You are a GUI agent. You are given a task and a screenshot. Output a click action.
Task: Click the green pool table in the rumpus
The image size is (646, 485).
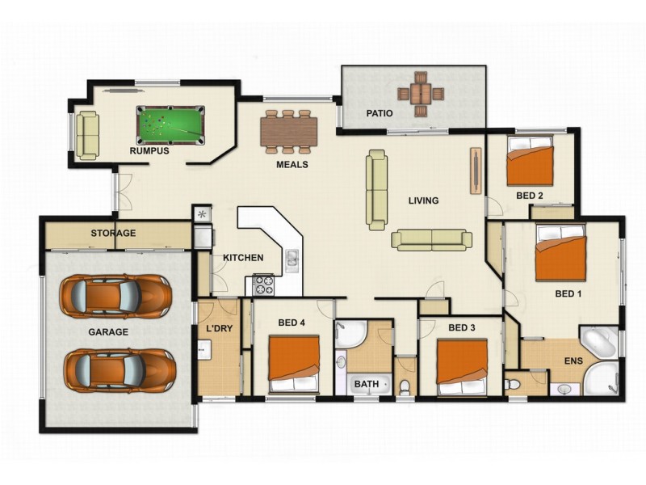(170, 124)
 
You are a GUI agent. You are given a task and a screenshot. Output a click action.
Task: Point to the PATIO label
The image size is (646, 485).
(379, 114)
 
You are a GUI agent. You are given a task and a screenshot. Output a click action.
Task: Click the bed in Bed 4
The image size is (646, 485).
(294, 363)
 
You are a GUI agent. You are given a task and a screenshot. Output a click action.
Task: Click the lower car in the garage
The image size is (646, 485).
(119, 369)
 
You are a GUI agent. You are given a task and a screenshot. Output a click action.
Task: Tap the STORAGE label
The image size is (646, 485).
(113, 234)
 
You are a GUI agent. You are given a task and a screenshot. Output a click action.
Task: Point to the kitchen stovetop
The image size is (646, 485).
(265, 285)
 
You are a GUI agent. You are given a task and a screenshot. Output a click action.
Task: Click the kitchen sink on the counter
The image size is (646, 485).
(291, 259)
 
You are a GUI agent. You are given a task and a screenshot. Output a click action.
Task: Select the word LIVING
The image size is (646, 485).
(422, 201)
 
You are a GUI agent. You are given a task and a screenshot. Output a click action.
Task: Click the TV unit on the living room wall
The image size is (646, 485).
(475, 171)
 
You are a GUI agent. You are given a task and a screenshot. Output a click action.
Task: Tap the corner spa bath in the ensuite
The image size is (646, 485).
(599, 344)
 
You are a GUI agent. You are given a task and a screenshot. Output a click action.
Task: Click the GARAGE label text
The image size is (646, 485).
(108, 332)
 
